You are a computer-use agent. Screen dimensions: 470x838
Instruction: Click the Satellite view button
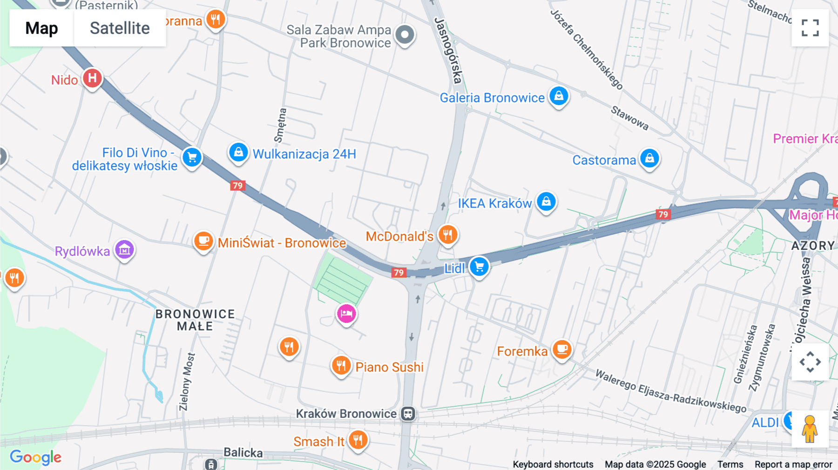(120, 28)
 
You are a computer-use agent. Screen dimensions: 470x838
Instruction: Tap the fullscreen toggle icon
(810, 28)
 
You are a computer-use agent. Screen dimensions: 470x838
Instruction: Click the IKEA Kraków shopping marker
(546, 202)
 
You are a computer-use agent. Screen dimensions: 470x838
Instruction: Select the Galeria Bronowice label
(492, 98)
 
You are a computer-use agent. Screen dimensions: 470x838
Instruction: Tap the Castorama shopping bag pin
(649, 159)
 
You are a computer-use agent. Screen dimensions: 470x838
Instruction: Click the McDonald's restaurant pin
(447, 235)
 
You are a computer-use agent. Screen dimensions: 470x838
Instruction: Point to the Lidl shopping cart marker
(479, 267)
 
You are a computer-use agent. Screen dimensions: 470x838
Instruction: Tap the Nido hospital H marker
(92, 78)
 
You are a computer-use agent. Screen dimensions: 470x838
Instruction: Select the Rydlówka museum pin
(125, 250)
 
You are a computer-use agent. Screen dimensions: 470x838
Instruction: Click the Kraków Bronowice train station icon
(408, 414)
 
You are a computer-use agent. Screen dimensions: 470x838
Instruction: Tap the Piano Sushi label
(389, 367)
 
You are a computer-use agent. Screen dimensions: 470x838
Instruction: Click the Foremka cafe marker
(562, 349)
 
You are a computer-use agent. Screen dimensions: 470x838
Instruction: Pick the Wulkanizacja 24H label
(304, 154)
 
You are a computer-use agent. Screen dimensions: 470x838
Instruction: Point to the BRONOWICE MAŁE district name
(195, 320)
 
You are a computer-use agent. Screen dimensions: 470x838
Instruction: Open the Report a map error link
(793, 464)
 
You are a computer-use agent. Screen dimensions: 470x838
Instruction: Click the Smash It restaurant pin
(358, 439)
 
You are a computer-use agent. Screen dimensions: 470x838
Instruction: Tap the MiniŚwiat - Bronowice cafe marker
(203, 241)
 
